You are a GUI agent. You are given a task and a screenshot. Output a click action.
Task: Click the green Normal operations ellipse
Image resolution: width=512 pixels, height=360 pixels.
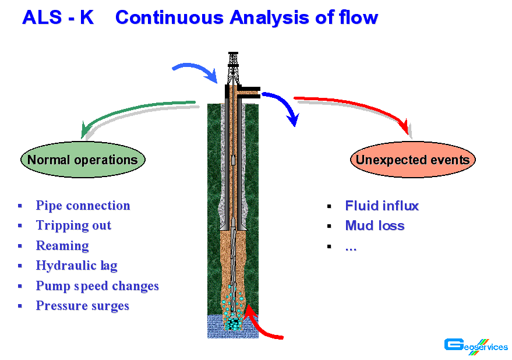tap(83, 160)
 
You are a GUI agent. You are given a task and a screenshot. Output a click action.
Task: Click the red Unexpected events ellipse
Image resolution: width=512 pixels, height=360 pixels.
tap(413, 160)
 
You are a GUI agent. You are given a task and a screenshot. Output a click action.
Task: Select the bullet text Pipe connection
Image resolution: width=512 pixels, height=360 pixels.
tap(83, 206)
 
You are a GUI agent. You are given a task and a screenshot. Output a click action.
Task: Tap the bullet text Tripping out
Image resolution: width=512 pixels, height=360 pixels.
tap(73, 226)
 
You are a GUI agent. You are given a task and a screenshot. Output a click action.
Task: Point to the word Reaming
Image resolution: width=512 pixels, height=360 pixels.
tap(62, 246)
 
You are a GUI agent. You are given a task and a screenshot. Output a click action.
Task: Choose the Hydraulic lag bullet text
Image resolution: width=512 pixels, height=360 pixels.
tap(76, 266)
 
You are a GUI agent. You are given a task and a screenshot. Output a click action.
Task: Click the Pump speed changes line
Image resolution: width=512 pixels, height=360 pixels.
tap(97, 286)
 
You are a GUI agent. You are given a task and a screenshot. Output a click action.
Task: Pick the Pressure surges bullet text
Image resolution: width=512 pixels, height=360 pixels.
tap(83, 306)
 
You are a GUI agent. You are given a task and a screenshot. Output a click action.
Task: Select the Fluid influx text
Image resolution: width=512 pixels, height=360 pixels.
tap(382, 206)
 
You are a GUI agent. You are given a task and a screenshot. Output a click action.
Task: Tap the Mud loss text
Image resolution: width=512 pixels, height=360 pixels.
tap(375, 226)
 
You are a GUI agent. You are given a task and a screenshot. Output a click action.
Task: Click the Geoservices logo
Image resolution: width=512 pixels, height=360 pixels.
tap(476, 346)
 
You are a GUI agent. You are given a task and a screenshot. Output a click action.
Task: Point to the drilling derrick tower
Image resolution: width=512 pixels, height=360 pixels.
tap(233, 69)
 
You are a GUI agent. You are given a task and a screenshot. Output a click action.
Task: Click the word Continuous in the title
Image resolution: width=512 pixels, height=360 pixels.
tap(170, 17)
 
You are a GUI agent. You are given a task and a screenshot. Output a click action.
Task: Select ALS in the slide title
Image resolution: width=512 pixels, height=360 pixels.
tap(42, 17)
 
